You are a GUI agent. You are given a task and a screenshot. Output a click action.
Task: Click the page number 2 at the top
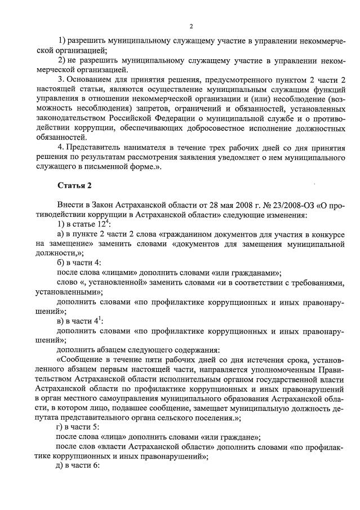coord(191,26)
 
